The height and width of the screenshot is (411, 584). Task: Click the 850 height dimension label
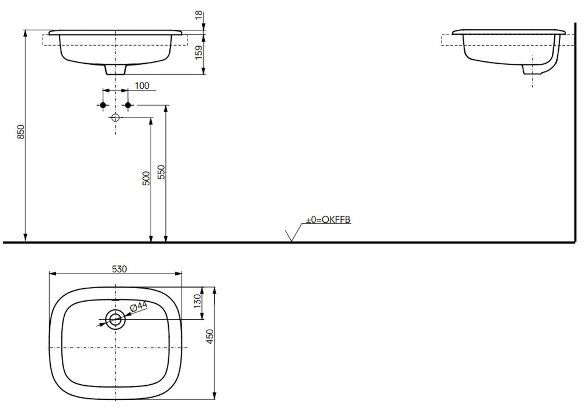coord(21,132)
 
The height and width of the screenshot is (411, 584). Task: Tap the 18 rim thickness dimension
coord(199,15)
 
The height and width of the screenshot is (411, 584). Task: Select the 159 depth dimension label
coord(199,52)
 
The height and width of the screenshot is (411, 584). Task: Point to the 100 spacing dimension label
coord(141,85)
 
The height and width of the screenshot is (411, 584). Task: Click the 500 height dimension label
coord(147,178)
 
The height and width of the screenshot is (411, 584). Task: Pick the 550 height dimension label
coord(161,172)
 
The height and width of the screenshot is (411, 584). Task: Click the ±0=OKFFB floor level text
coord(328,220)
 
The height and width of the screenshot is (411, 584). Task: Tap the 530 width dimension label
coord(119,268)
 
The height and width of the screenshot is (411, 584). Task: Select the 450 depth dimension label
coord(210,336)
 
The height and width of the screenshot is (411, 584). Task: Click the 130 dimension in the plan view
coord(197,301)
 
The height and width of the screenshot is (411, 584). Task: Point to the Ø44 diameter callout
coord(138,306)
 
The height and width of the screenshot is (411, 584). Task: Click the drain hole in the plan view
coord(115,320)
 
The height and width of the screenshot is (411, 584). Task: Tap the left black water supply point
coord(103,106)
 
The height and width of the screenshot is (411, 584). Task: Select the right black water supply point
coord(128,106)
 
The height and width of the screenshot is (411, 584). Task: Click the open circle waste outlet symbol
coord(115,118)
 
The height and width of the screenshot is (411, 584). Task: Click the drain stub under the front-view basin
coord(116,70)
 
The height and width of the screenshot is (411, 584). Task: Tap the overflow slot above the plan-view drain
coord(115,299)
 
